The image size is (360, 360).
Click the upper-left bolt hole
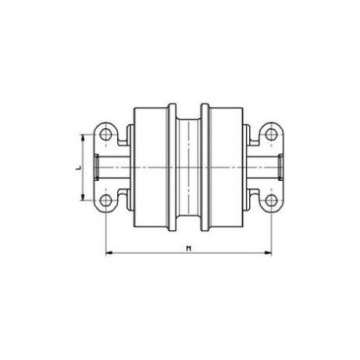105,134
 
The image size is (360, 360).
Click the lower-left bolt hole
105,202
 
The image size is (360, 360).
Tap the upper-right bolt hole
270,134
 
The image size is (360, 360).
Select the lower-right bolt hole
270,202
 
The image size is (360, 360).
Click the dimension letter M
189,248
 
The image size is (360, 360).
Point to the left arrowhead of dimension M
108,253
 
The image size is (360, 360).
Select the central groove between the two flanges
188,168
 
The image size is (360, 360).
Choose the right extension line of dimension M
270,232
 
